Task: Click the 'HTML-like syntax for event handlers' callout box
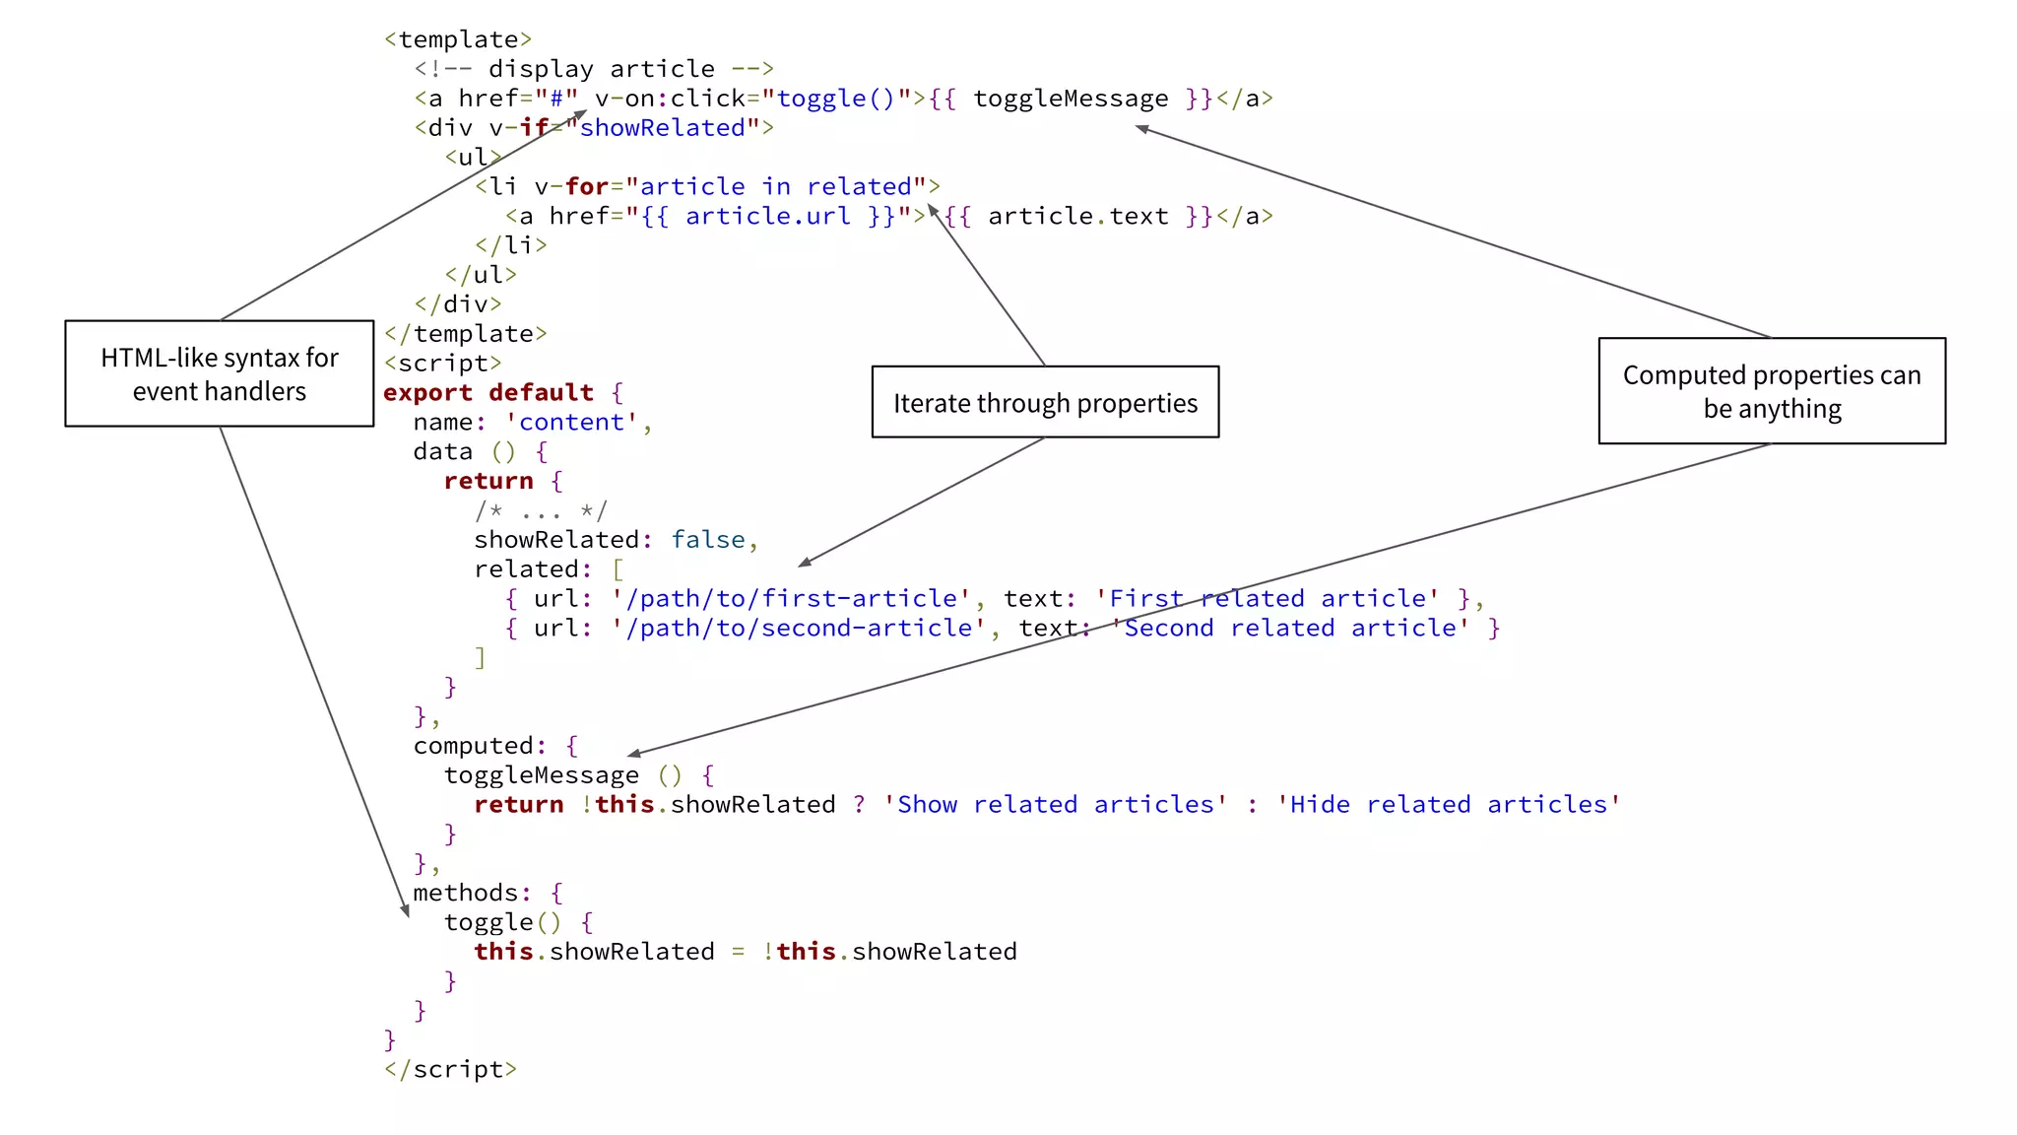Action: pos(220,373)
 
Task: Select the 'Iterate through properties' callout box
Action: pos(1045,402)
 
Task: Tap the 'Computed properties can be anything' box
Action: pos(1772,391)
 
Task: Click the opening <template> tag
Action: pos(458,39)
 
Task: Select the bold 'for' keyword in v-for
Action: pos(586,186)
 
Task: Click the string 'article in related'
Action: pos(776,186)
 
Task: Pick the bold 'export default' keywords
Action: pos(488,392)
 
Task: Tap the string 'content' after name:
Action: pos(571,422)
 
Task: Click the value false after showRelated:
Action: pos(708,539)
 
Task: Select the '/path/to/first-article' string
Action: pos(791,598)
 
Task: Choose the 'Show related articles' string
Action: pos(1055,804)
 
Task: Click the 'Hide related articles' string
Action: pos(1448,804)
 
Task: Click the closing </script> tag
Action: pos(450,1069)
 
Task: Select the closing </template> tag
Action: pos(465,333)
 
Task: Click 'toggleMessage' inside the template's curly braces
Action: pos(1071,99)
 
